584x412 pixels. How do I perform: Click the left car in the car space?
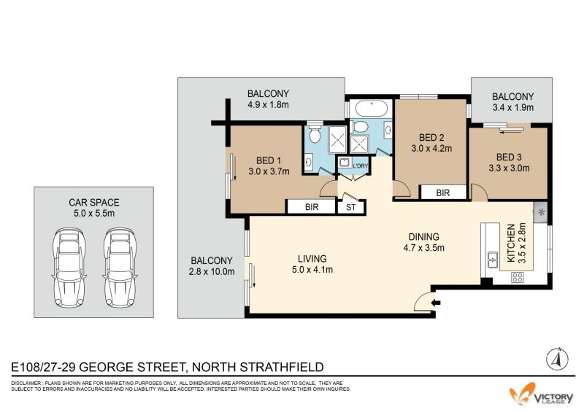(x=69, y=268)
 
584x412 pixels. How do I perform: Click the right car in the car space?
(x=120, y=268)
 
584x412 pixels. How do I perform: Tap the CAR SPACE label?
(x=94, y=203)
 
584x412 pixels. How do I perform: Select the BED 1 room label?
(x=269, y=160)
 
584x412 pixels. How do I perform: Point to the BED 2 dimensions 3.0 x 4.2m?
(x=431, y=149)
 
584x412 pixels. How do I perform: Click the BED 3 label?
(x=509, y=157)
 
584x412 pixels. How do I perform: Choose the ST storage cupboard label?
(x=351, y=207)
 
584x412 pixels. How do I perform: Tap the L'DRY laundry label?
(x=360, y=166)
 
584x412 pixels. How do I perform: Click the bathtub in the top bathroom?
(x=372, y=109)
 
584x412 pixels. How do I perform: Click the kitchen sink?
(x=492, y=260)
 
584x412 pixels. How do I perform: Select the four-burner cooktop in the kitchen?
(x=518, y=277)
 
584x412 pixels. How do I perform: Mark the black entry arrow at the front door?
(x=436, y=303)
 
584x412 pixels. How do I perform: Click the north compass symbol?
(x=557, y=359)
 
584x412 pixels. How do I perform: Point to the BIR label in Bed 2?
(x=443, y=193)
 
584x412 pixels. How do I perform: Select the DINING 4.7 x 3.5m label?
(x=424, y=242)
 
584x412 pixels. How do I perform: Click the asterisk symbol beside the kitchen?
(x=542, y=213)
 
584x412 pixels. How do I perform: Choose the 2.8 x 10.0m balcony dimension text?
(x=212, y=272)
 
